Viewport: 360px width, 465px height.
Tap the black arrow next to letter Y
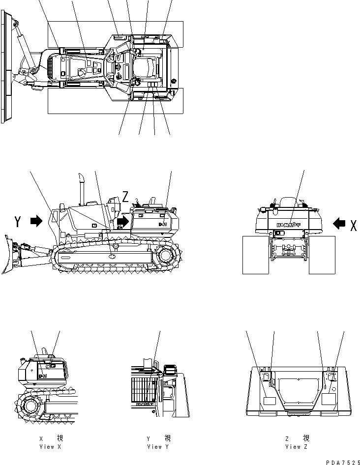click(36, 222)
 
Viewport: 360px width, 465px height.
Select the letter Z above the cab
click(126, 198)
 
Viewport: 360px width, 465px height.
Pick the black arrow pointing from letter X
click(339, 224)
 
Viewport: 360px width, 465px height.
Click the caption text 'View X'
click(50, 447)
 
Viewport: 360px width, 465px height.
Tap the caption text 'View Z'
click(297, 447)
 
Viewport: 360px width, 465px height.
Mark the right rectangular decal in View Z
click(328, 399)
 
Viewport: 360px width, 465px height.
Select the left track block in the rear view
click(256, 254)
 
